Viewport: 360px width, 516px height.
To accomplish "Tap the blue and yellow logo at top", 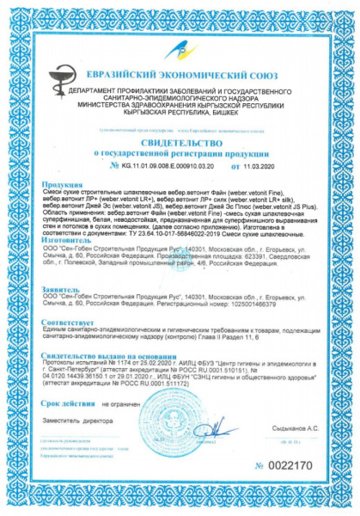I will (181, 50).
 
